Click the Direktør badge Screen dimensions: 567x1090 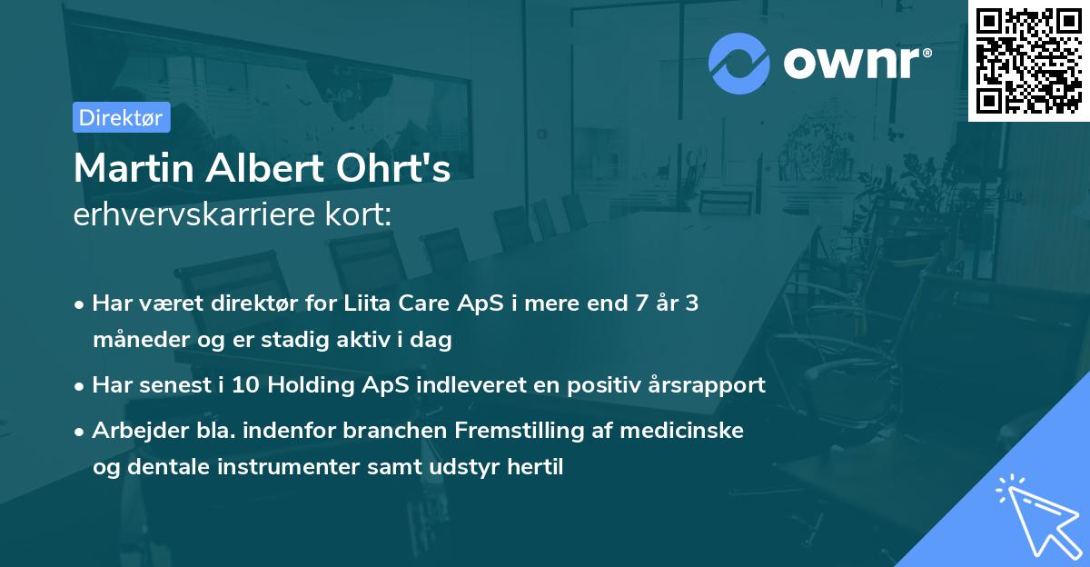click(121, 117)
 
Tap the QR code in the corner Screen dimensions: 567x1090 click(1028, 60)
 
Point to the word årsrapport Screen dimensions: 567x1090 click(710, 385)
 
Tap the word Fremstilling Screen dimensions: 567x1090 click(521, 431)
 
